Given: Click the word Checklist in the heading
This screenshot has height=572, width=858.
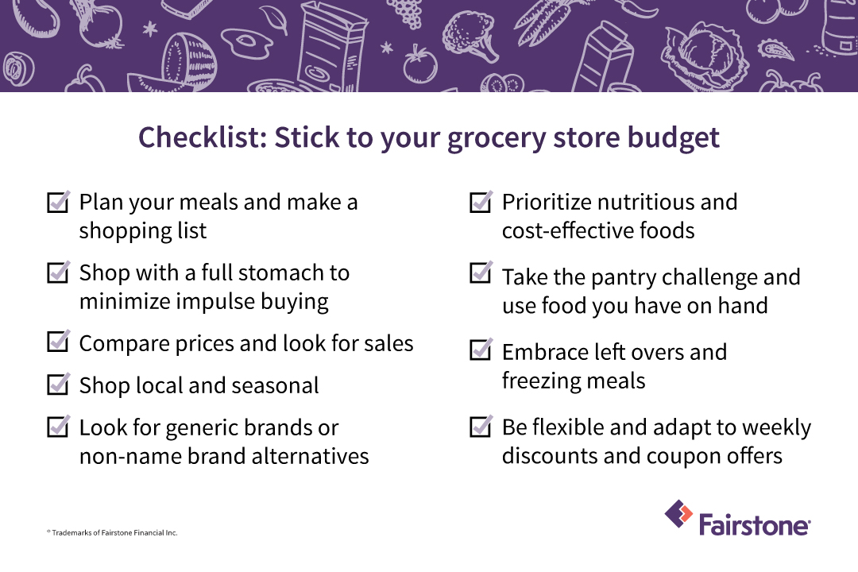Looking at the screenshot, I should (202, 137).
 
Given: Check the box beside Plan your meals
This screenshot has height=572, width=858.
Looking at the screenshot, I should (58, 202).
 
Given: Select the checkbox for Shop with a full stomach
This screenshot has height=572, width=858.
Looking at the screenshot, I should (58, 272).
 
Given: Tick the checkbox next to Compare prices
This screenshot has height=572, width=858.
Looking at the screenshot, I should (58, 342).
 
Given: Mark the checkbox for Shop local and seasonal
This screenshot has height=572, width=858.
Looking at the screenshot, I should (58, 385).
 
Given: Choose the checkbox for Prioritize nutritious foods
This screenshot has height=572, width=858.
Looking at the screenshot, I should (481, 202).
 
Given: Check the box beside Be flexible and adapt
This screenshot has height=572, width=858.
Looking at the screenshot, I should (481, 427).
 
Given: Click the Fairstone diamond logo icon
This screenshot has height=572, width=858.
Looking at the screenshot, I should (678, 514).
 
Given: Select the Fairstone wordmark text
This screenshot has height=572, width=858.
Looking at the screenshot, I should (755, 524).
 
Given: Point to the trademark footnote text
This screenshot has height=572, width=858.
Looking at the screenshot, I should (112, 532).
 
